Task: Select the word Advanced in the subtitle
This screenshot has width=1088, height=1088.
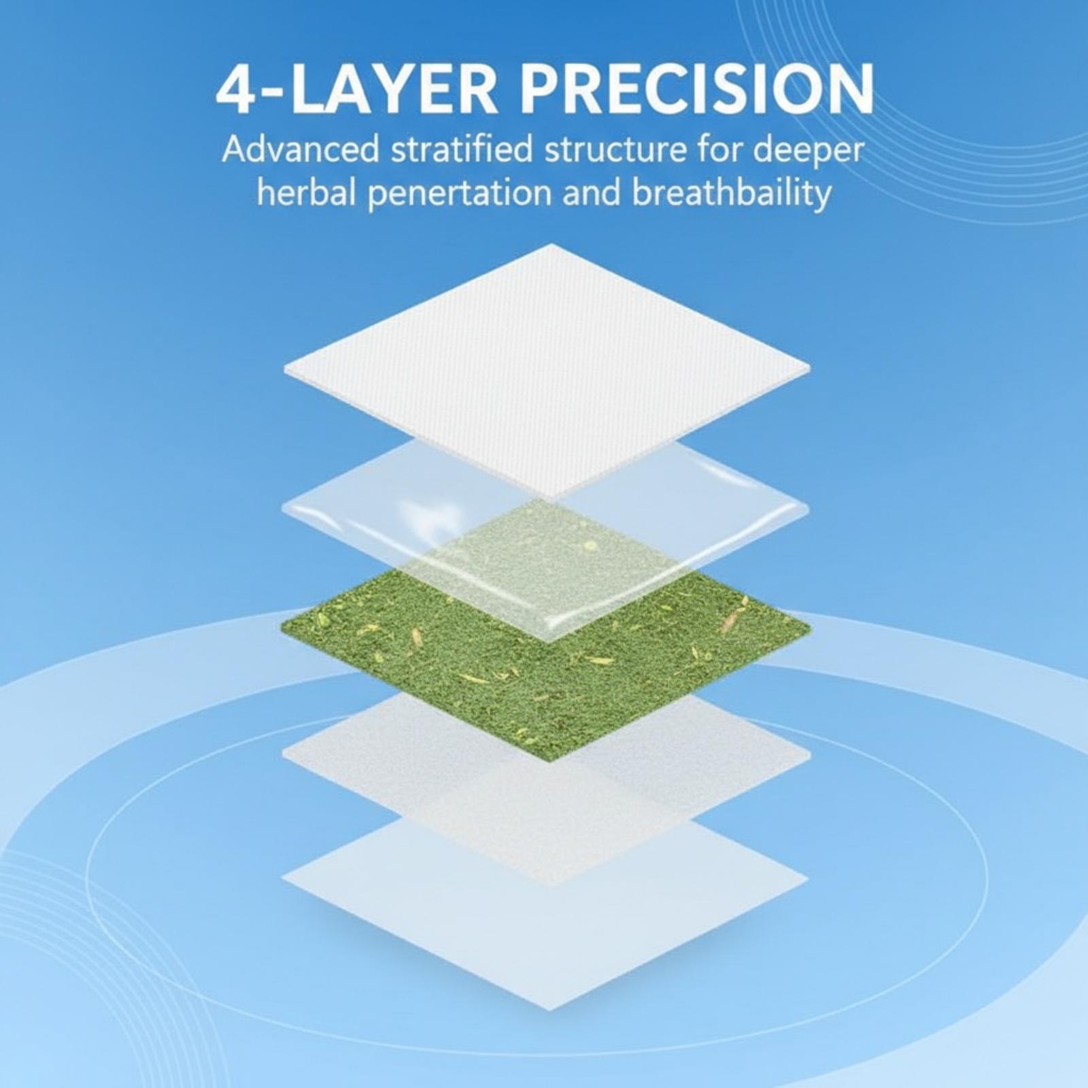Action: click(301, 150)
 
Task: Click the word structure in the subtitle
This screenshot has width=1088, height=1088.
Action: click(611, 150)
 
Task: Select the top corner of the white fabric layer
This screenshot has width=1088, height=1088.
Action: click(551, 244)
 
